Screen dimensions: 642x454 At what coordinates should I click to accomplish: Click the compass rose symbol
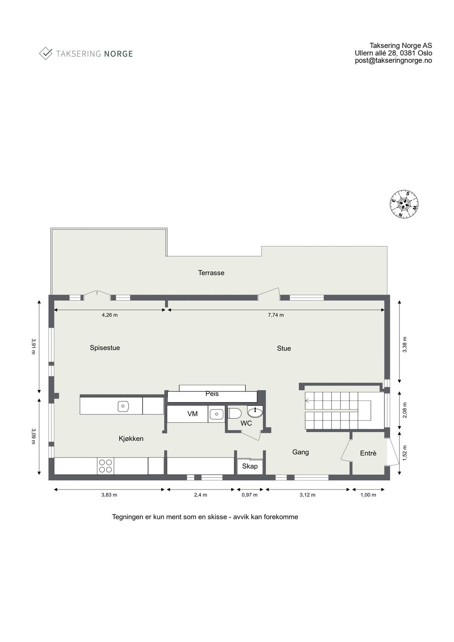click(404, 204)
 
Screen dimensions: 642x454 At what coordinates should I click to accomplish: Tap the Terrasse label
click(211, 273)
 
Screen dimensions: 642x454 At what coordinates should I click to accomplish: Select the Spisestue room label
click(104, 348)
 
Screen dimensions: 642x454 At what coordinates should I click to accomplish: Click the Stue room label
click(284, 348)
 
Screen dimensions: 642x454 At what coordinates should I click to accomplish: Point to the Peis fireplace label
click(212, 394)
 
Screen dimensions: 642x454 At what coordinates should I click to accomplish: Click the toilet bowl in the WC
click(235, 413)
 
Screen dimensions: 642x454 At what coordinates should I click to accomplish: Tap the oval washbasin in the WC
click(255, 413)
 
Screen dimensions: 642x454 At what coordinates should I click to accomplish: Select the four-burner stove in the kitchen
click(105, 466)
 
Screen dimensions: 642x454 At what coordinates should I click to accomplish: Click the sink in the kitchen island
click(123, 406)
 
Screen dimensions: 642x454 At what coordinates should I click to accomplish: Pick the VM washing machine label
click(193, 414)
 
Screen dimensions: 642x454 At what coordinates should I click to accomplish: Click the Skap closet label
click(250, 466)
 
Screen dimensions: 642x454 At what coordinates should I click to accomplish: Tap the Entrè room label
click(368, 453)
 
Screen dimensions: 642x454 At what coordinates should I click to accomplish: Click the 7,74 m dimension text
click(276, 315)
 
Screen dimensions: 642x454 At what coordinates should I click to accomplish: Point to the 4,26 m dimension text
click(109, 315)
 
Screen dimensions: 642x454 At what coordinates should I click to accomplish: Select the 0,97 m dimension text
click(249, 495)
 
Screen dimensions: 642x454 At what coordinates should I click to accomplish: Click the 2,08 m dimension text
click(404, 410)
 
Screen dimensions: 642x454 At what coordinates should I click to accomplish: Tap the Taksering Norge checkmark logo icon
click(46, 53)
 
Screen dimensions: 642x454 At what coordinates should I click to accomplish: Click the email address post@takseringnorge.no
click(393, 61)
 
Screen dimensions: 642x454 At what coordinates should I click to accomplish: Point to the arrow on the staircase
click(307, 401)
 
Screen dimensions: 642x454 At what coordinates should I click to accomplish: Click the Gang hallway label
click(300, 452)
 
